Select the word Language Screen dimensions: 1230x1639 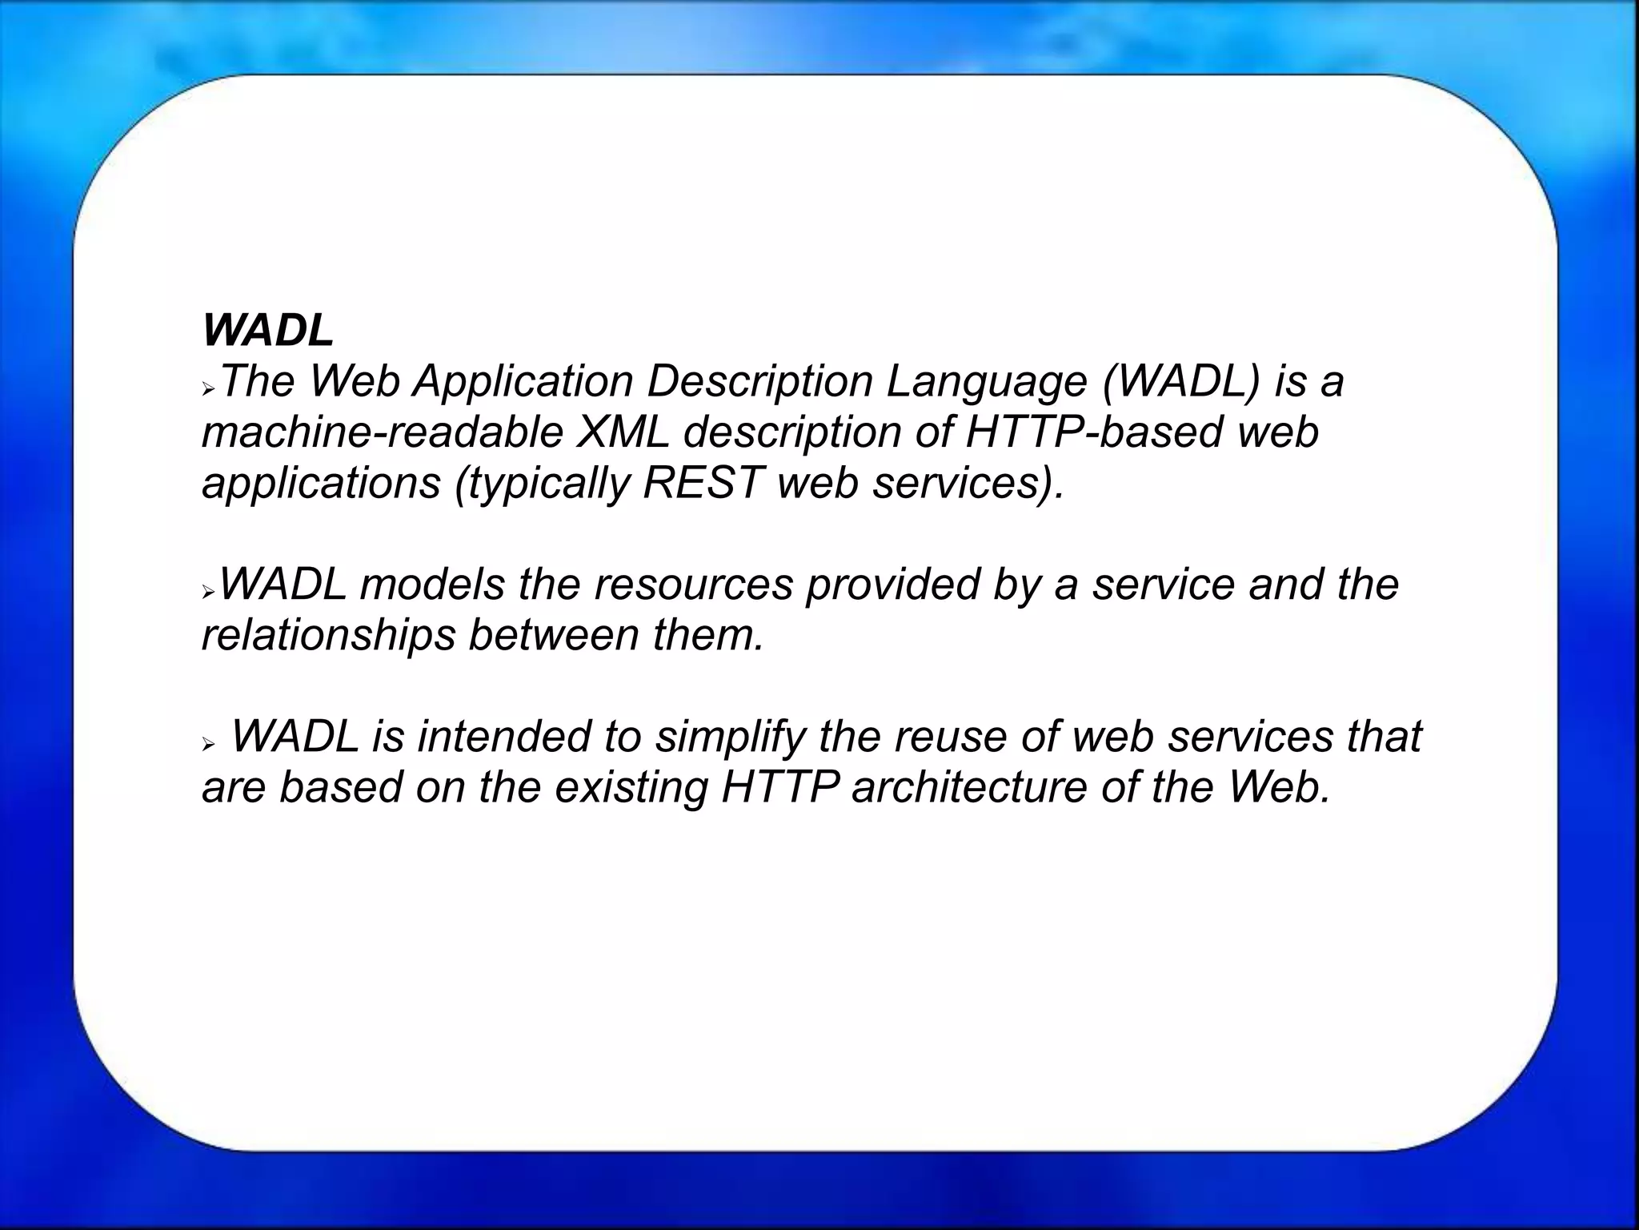coord(986,383)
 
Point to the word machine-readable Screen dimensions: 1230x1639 coord(382,432)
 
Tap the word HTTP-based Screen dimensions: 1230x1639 coord(1094,432)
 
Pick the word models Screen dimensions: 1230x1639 coord(432,585)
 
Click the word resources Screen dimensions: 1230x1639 coord(693,585)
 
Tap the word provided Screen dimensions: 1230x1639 coord(892,585)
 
